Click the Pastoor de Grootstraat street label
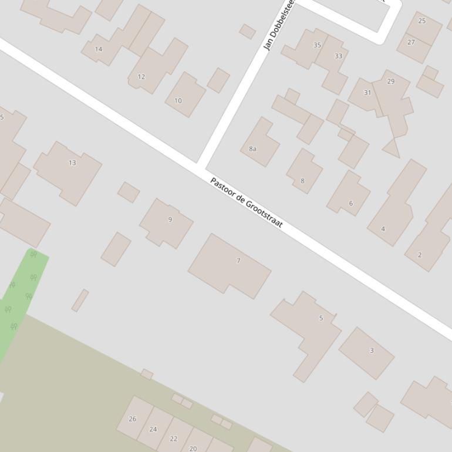click(x=247, y=203)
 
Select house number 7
click(x=238, y=261)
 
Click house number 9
click(x=170, y=220)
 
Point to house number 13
click(x=72, y=163)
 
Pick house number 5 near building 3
click(x=321, y=318)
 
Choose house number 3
click(x=371, y=350)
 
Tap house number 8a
click(x=252, y=149)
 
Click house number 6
click(x=351, y=204)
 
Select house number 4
click(x=383, y=229)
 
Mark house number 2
click(x=420, y=255)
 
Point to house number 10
click(x=178, y=100)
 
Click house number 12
click(x=141, y=77)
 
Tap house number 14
click(x=99, y=49)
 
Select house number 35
click(x=317, y=45)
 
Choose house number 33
click(x=338, y=56)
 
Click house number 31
click(x=367, y=93)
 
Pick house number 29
click(x=391, y=82)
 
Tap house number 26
click(x=133, y=419)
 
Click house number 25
click(x=422, y=21)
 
